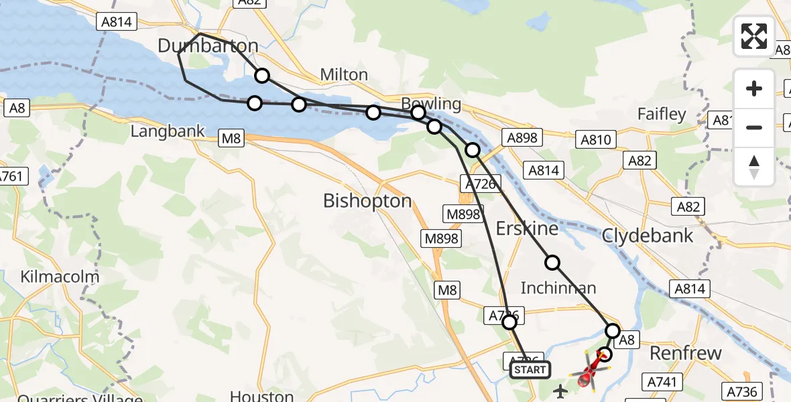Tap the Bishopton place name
point(367,200)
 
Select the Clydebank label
point(648,235)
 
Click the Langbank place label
point(168,131)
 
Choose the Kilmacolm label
point(60,277)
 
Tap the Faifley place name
point(662,115)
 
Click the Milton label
point(344,74)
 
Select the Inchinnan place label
point(558,288)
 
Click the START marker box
point(530,370)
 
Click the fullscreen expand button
point(754,36)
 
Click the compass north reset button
point(754,166)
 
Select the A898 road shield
point(523,138)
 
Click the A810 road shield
point(595,140)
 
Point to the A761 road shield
point(11,178)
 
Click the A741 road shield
point(664,383)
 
